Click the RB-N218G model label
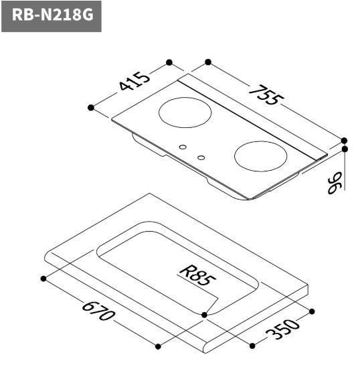[52, 15]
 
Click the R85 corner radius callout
[199, 275]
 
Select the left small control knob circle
[183, 146]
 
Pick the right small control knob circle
[201, 158]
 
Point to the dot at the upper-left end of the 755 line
[208, 62]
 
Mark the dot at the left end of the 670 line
[43, 278]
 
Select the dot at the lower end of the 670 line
[159, 346]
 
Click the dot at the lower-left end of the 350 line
[252, 346]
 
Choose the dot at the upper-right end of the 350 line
[312, 311]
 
